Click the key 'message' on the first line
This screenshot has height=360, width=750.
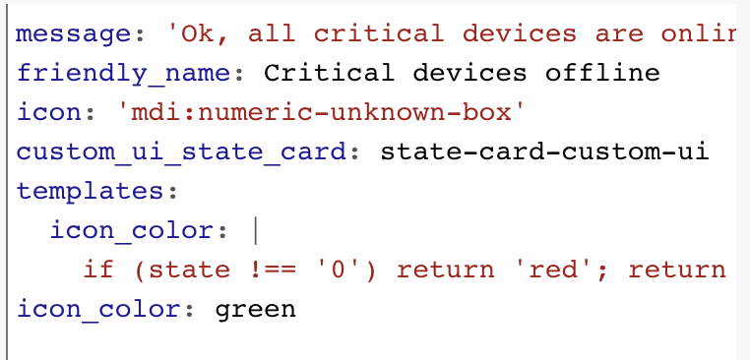tap(74, 33)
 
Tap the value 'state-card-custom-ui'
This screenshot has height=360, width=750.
tap(544, 151)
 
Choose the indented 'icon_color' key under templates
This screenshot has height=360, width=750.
tap(132, 230)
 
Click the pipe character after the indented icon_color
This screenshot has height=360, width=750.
tap(255, 230)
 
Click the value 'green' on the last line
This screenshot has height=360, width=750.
tap(255, 309)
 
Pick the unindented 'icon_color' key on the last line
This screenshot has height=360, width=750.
tap(98, 309)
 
